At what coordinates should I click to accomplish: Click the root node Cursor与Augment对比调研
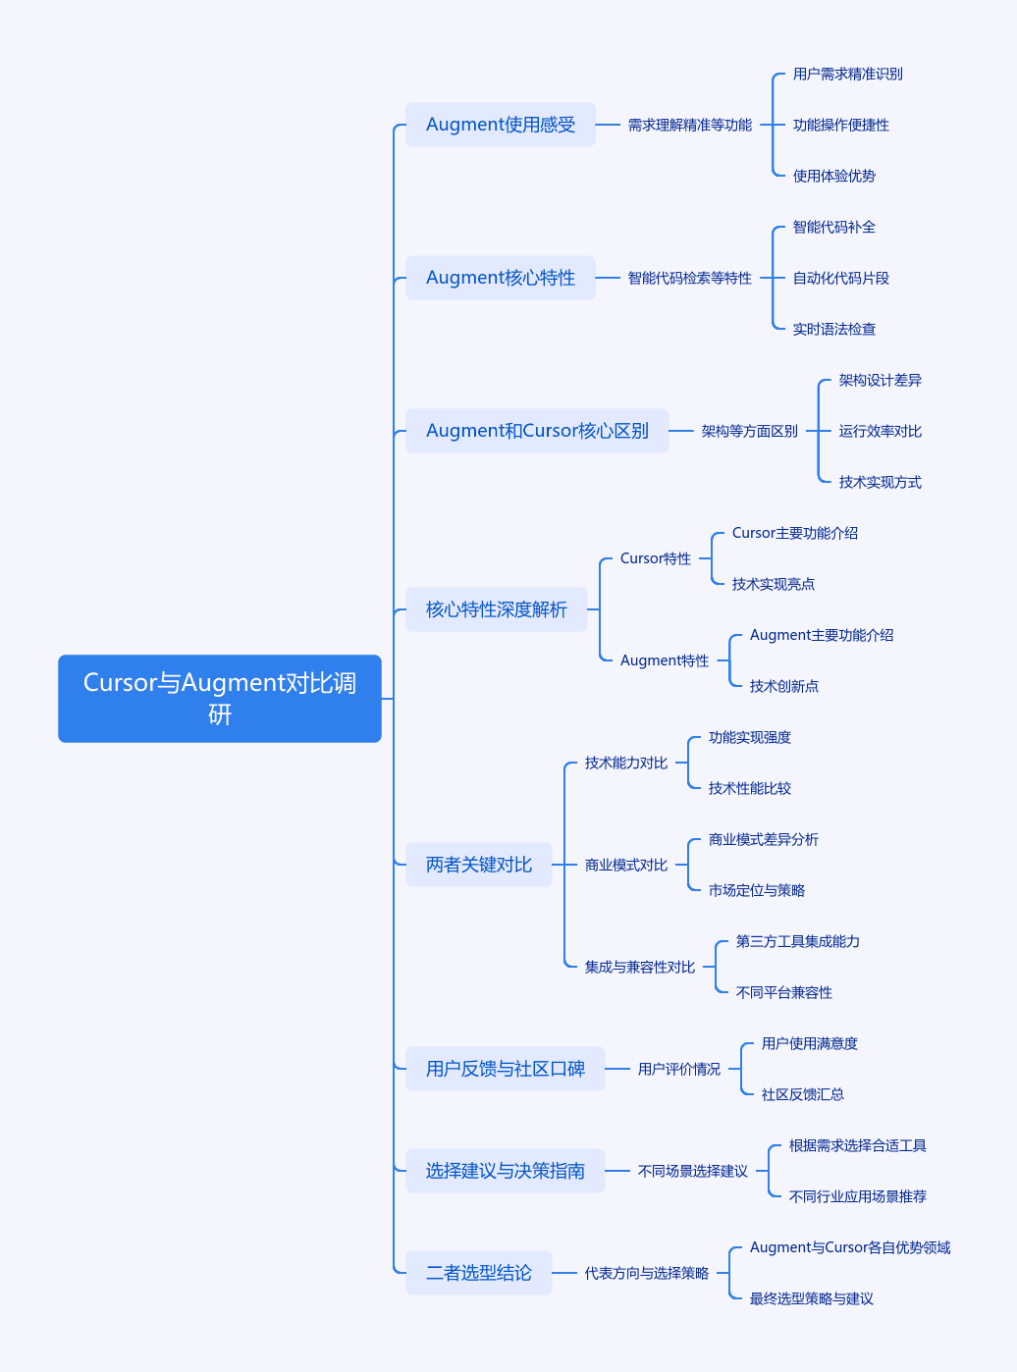[x=220, y=699]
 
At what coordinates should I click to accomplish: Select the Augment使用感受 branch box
[x=500, y=125]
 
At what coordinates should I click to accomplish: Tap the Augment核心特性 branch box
[x=500, y=278]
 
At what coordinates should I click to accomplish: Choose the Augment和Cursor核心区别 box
[x=537, y=431]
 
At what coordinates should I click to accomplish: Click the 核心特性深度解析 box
[x=497, y=609]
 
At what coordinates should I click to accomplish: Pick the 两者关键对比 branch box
[x=478, y=865]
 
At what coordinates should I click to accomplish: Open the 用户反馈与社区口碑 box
[x=506, y=1069]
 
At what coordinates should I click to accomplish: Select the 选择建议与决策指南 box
[x=506, y=1171]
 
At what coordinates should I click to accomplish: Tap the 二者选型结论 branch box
[x=478, y=1273]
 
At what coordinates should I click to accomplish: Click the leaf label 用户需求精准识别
[x=847, y=75]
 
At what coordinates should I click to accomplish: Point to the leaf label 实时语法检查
[x=833, y=329]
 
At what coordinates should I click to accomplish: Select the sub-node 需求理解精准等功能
[x=689, y=125]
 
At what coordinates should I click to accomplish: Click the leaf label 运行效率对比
[x=880, y=431]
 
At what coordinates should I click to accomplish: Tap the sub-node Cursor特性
[x=656, y=558]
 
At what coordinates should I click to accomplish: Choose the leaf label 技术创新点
[x=783, y=686]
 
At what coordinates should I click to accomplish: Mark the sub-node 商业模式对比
[x=625, y=865]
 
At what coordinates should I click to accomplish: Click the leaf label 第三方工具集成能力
[x=797, y=941]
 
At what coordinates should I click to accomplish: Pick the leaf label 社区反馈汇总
[x=802, y=1094]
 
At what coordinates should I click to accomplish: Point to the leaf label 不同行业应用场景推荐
[x=857, y=1196]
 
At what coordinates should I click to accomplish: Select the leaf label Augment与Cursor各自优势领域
[x=850, y=1247]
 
